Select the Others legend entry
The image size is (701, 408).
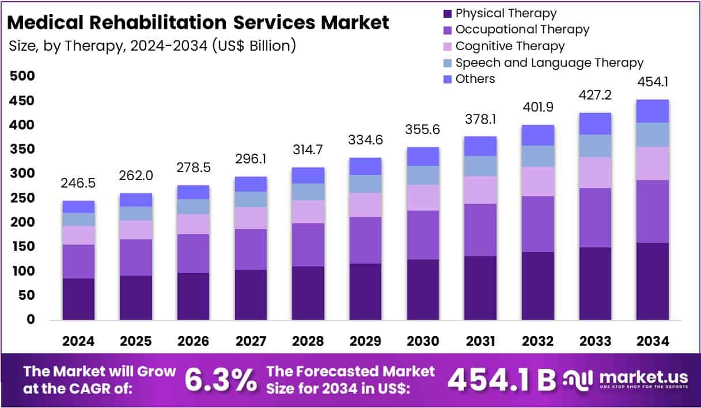tap(475, 79)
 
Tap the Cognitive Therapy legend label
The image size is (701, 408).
tap(510, 46)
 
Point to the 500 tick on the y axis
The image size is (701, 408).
tap(22, 76)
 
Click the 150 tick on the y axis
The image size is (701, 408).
tap(22, 247)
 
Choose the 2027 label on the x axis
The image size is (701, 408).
tap(251, 341)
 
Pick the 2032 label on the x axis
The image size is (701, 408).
tap(537, 341)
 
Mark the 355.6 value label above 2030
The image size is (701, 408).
tap(423, 130)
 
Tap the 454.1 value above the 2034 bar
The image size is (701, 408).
tap(653, 83)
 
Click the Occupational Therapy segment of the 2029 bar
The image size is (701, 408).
tap(366, 240)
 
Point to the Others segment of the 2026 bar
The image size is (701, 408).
tap(194, 192)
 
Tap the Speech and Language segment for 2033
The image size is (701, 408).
tap(595, 146)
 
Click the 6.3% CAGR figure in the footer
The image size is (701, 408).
tap(221, 380)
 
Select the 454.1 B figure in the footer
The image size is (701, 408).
tap(502, 380)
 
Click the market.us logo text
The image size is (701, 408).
tap(643, 378)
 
